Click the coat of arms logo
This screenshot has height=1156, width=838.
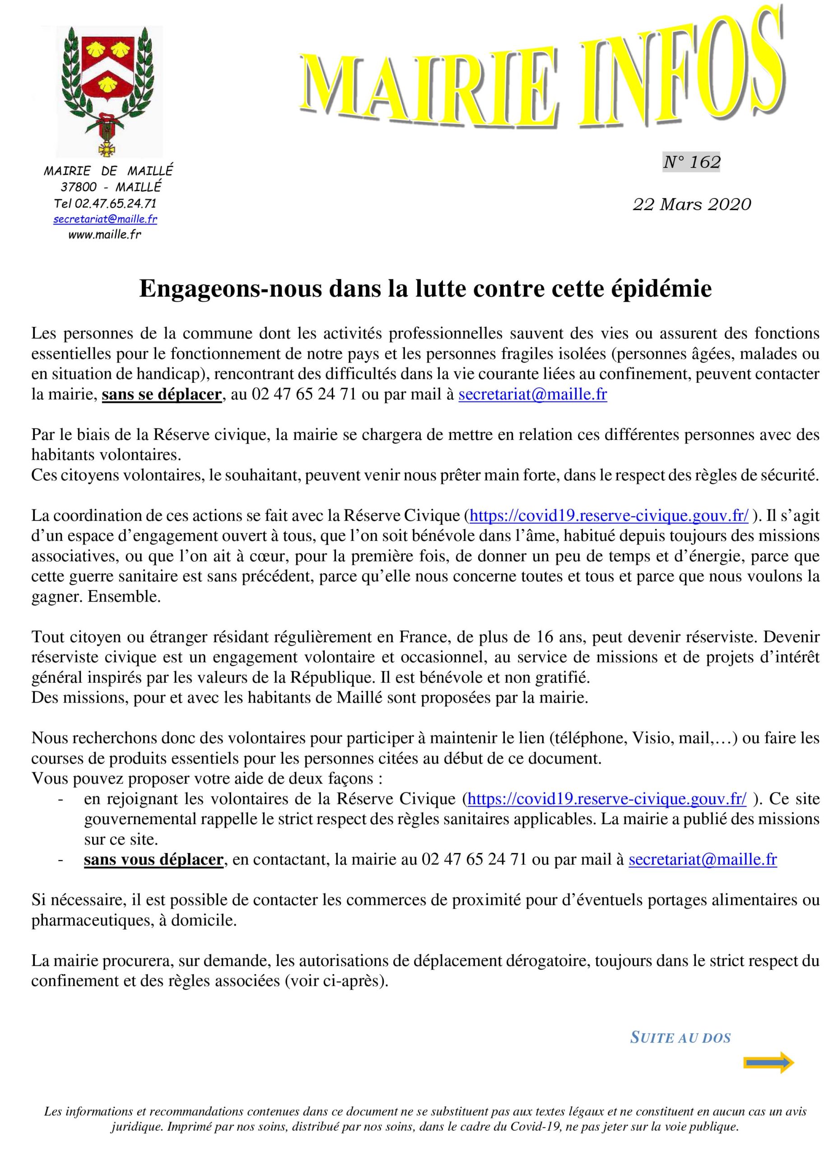click(x=108, y=90)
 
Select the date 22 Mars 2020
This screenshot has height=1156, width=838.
click(x=691, y=205)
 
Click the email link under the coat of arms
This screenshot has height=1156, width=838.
click(x=105, y=219)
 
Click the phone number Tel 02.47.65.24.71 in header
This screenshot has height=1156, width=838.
click(x=105, y=204)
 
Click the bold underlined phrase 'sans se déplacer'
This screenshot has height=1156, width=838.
click(x=162, y=395)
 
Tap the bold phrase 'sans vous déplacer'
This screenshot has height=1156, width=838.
click(x=154, y=860)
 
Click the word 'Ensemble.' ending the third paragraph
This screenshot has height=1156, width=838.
click(x=124, y=597)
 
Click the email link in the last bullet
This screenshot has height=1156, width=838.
click(x=703, y=860)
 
